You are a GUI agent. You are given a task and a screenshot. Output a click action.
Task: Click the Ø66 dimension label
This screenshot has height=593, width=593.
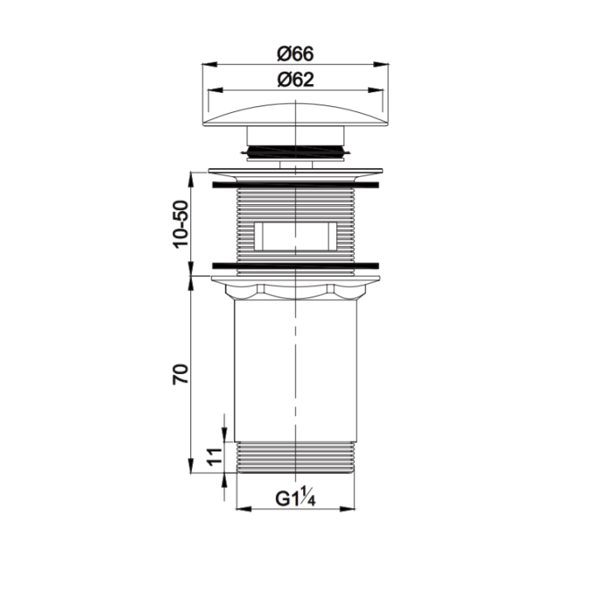pos(296,54)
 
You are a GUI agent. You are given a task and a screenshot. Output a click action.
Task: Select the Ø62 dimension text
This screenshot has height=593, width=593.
pos(296,80)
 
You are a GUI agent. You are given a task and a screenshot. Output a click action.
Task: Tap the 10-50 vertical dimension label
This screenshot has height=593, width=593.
pos(180,224)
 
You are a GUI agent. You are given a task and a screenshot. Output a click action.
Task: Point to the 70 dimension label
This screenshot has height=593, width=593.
pos(180,374)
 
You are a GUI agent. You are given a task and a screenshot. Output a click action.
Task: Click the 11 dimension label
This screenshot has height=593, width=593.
pos(214,456)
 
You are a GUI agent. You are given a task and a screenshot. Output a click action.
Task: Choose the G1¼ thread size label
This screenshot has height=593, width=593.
pos(296,498)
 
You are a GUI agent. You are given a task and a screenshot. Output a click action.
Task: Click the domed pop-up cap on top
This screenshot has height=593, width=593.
pos(296,114)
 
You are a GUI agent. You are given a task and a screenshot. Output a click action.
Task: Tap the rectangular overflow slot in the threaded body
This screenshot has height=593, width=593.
pos(296,236)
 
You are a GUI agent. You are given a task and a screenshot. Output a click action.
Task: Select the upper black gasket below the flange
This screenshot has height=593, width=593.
pos(296,185)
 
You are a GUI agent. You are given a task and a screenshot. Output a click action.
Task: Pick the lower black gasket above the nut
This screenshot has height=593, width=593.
pos(296,265)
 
